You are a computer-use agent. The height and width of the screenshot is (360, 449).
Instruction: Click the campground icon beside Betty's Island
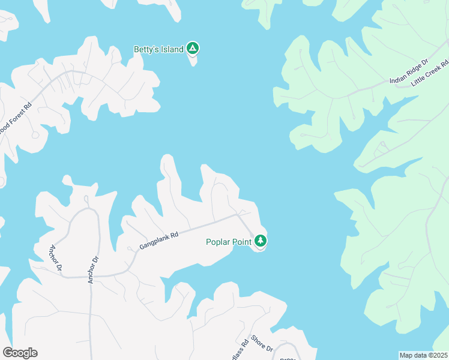(192, 48)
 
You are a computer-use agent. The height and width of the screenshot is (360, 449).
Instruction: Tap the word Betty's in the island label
(148, 49)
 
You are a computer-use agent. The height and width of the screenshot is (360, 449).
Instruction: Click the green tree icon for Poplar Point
(260, 241)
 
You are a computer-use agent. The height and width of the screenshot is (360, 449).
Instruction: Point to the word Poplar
(219, 242)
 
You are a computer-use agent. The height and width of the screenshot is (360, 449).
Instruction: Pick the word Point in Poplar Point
(243, 242)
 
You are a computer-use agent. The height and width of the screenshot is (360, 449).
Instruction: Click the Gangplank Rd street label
(159, 241)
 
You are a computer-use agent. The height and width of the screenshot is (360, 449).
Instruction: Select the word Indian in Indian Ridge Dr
(399, 77)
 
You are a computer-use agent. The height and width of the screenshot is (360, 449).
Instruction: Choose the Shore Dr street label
(262, 344)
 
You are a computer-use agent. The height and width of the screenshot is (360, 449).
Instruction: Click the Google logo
(20, 353)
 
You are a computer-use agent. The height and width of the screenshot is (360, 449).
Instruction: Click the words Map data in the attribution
(413, 355)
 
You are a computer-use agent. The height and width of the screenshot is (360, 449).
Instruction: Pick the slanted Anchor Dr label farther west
(55, 257)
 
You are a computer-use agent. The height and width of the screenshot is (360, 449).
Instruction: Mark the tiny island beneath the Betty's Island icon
(193, 61)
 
